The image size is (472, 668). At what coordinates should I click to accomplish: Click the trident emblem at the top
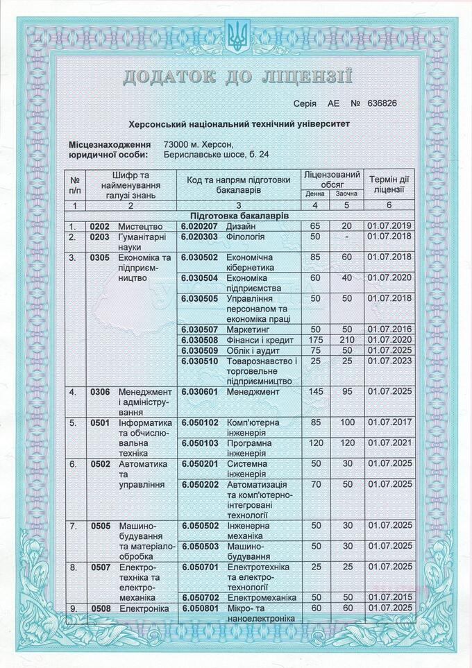[236, 36]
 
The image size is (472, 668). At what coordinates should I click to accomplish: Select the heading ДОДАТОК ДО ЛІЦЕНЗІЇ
[237, 76]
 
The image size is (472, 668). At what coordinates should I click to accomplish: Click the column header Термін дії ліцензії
[389, 184]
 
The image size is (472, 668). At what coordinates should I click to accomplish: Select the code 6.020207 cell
[200, 226]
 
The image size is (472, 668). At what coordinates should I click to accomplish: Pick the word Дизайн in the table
[242, 226]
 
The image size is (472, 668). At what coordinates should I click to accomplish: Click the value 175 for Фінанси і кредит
[316, 340]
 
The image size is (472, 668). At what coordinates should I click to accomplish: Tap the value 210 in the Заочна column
[347, 340]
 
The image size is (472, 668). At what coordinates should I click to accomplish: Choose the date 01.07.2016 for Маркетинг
[389, 329]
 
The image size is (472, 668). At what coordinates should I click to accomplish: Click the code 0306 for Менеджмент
[100, 392]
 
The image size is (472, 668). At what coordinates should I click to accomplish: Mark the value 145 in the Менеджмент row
[316, 392]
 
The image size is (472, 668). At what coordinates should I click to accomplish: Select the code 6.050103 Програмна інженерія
[200, 443]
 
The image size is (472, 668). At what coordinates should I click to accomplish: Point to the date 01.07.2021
[389, 443]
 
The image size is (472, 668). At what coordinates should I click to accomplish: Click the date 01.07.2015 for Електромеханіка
[389, 597]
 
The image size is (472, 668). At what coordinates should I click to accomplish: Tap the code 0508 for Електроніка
[100, 608]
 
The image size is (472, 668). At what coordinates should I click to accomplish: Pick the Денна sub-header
[315, 194]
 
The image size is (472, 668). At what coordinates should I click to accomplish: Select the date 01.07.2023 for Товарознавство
[389, 361]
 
